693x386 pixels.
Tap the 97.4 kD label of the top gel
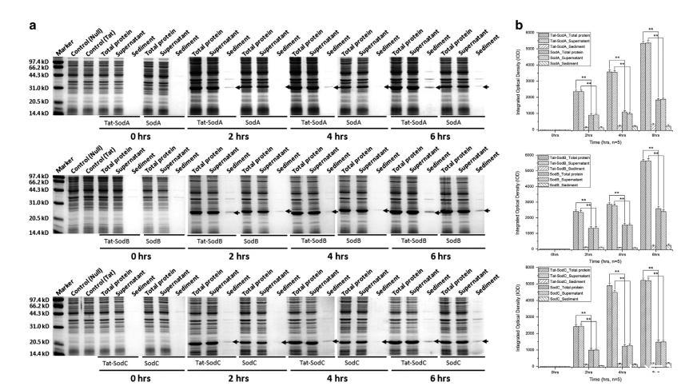tap(37, 60)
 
